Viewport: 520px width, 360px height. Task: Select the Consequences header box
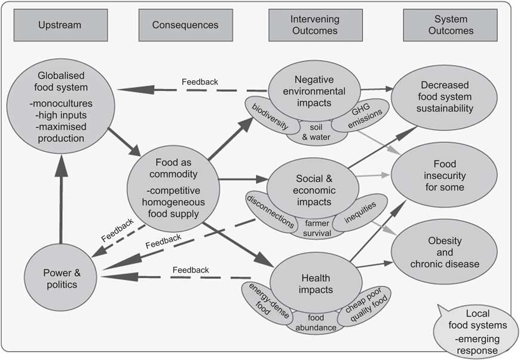click(x=185, y=25)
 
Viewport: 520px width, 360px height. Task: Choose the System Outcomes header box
click(x=450, y=25)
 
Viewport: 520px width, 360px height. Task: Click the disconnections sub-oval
click(x=270, y=211)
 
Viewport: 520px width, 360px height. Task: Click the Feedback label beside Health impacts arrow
click(x=191, y=270)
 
